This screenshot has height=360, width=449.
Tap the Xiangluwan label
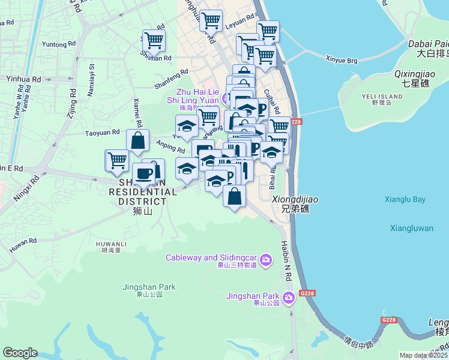point(411,228)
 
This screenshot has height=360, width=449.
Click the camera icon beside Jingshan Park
point(289,297)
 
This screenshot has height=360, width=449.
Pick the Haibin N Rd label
point(286,262)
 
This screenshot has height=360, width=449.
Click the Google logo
point(20,353)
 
